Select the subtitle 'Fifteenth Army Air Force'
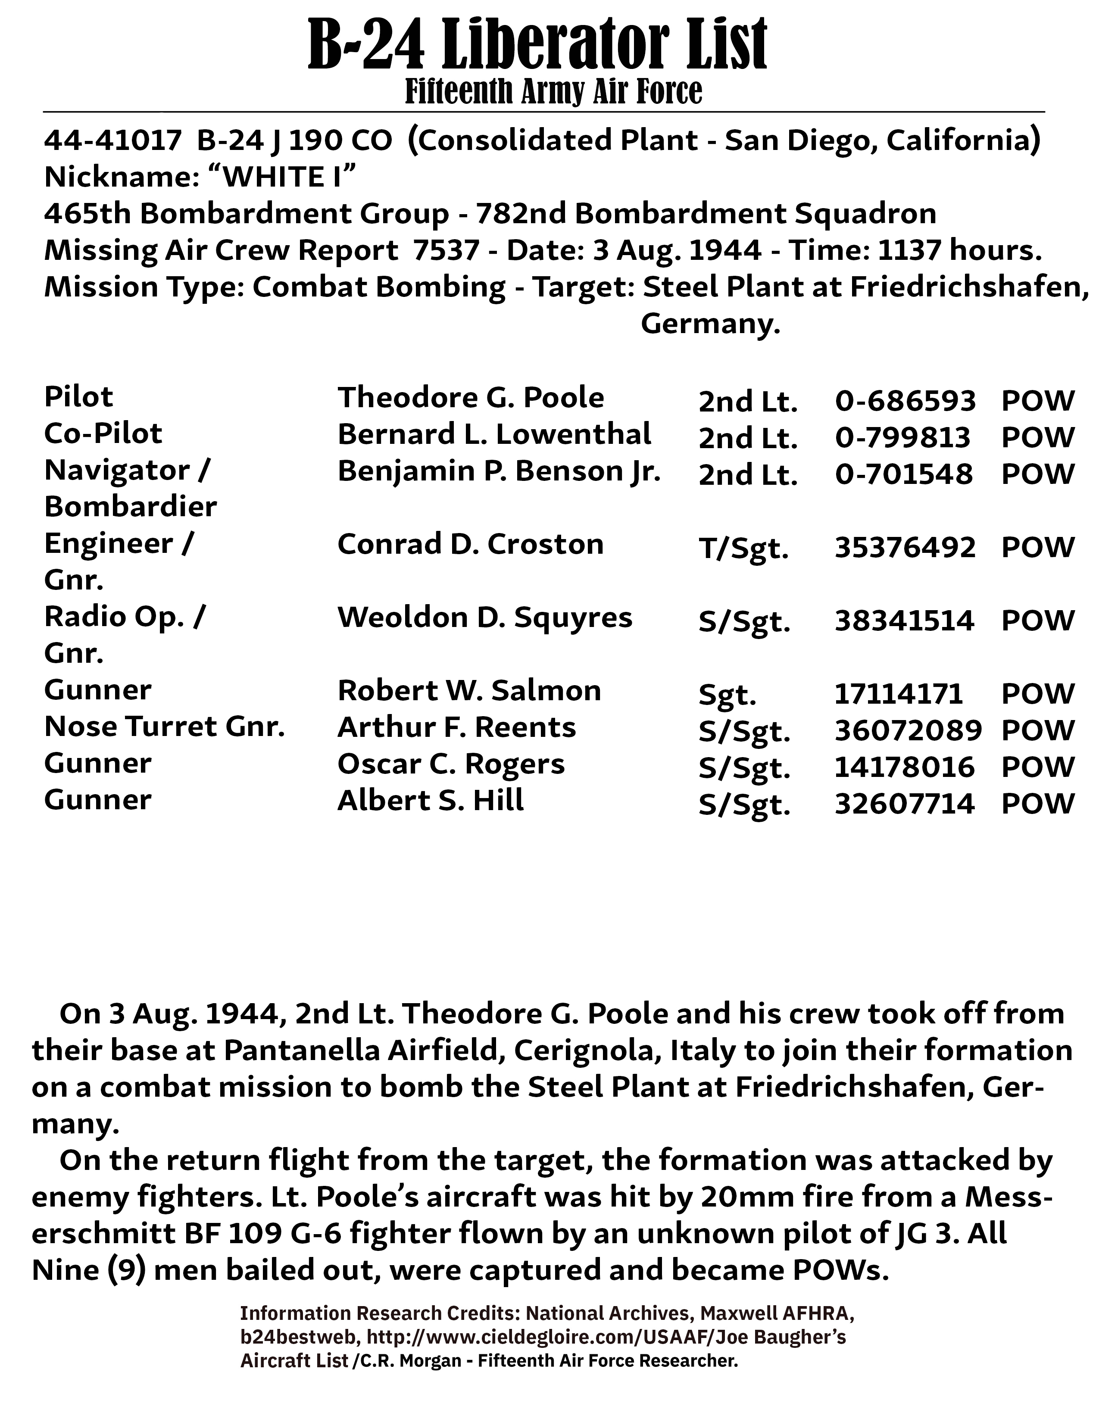[x=553, y=91]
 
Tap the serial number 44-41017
[x=112, y=140]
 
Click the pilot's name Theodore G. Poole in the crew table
[x=470, y=397]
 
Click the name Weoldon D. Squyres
[x=484, y=617]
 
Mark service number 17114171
[x=899, y=694]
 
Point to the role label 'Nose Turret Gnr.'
[x=164, y=727]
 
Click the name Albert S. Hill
[x=431, y=800]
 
